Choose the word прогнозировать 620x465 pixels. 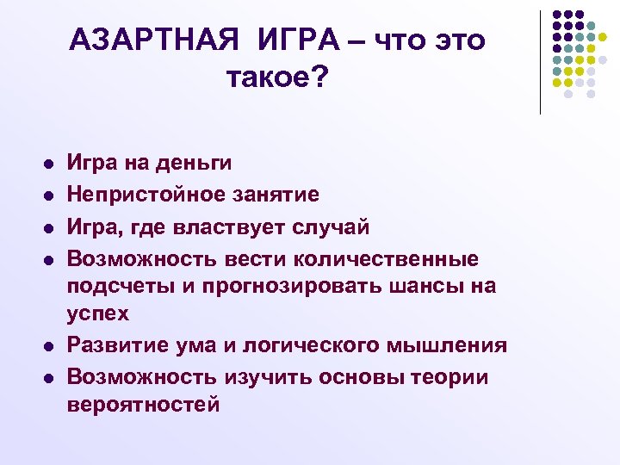[277, 286]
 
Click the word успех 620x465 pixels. [98, 313]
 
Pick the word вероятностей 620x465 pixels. [144, 405]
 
